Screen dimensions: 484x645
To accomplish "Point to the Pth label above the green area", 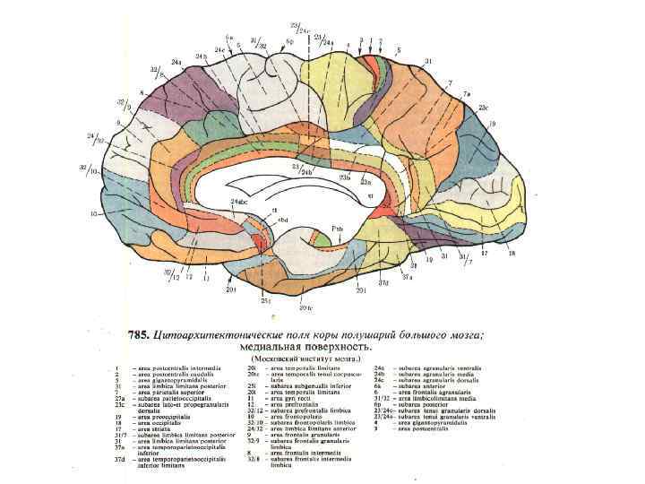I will pos(336,229).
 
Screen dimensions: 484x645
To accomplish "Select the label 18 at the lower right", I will pos(512,254).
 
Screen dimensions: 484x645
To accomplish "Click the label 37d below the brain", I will pos(383,284).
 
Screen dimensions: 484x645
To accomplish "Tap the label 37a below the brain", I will pos(406,277).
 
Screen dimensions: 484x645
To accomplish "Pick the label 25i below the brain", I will pos(266,301).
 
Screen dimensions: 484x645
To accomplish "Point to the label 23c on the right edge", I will pos(484,108).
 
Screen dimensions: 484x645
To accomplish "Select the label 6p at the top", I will pos(289,40).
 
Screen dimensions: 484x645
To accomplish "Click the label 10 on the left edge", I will pos(93,214).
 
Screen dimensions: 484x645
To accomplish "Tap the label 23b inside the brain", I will pos(344,177).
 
